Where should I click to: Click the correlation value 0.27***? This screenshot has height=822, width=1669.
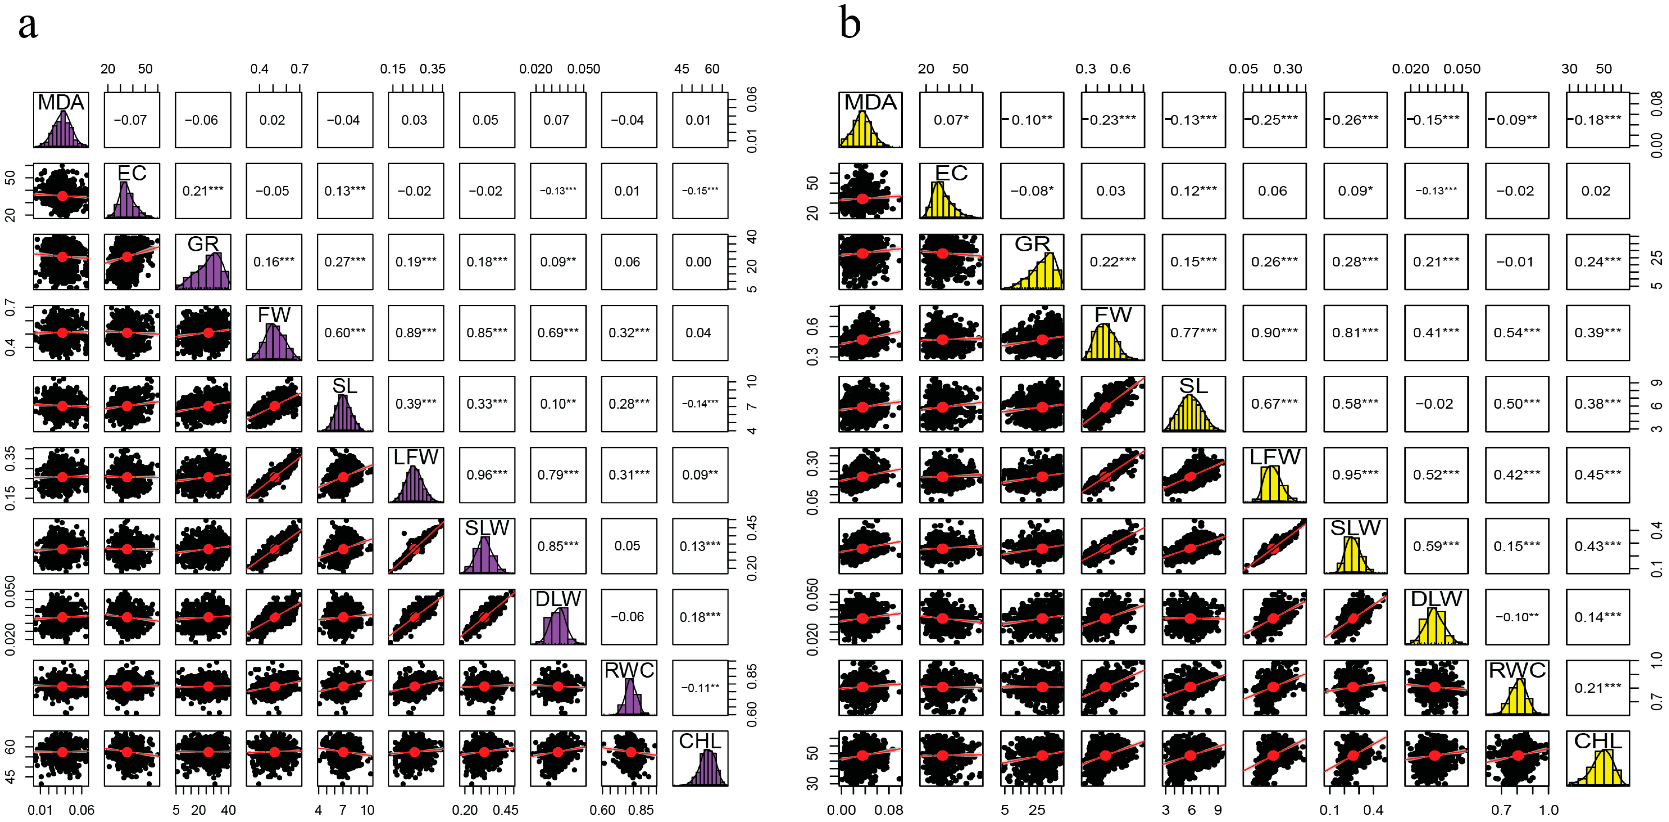coord(345,262)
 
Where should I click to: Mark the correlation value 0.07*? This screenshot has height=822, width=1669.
coord(950,120)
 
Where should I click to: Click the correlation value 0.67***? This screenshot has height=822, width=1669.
coord(1274,403)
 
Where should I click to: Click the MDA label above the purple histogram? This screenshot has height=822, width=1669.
coord(61,102)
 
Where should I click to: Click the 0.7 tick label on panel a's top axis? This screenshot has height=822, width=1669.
coord(299,69)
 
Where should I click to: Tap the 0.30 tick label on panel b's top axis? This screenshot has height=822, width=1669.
coord(1287,69)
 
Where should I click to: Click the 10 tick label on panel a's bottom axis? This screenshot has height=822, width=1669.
coord(367,810)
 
